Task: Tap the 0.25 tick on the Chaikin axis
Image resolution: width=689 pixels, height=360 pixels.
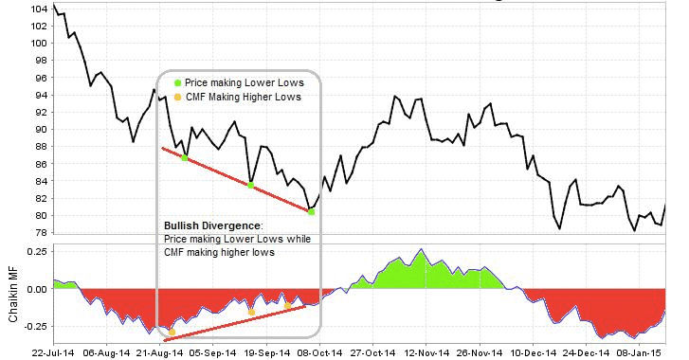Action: click(36, 250)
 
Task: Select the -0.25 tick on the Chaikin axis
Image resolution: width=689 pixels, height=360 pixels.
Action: click(34, 325)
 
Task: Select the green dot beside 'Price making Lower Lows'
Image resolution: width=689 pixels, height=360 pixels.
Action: click(177, 83)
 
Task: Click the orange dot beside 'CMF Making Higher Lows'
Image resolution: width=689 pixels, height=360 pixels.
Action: click(177, 98)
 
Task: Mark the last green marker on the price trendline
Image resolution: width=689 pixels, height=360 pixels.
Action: click(312, 212)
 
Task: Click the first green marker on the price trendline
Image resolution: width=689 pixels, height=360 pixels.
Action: click(185, 158)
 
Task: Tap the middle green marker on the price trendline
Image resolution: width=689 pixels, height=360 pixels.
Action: click(250, 185)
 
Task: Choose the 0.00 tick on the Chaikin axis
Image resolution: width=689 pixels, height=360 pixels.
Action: click(36, 288)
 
